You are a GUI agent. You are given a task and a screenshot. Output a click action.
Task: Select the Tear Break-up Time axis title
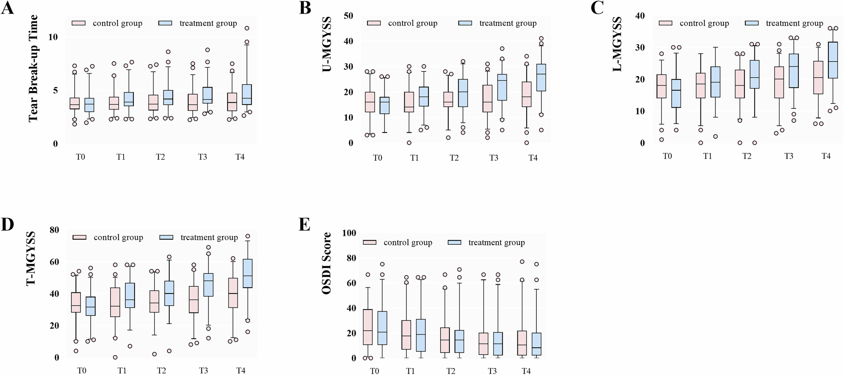point(33,68)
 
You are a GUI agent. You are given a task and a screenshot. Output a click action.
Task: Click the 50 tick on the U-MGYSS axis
point(349,16)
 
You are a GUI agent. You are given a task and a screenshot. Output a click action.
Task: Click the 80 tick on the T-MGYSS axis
point(54,230)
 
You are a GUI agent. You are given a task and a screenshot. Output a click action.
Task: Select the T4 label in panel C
point(826,156)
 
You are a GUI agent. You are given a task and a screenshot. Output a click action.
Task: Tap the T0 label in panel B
point(377,158)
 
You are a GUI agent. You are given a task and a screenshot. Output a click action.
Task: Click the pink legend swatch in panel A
point(79,24)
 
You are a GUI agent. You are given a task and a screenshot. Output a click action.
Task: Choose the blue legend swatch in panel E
point(454,243)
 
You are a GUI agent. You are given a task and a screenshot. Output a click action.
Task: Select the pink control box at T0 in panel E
point(368,327)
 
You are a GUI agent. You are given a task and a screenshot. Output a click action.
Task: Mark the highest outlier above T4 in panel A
point(247,28)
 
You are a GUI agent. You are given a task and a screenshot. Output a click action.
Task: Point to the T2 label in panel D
point(161,371)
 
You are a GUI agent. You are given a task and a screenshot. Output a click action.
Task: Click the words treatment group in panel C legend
point(794,24)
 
